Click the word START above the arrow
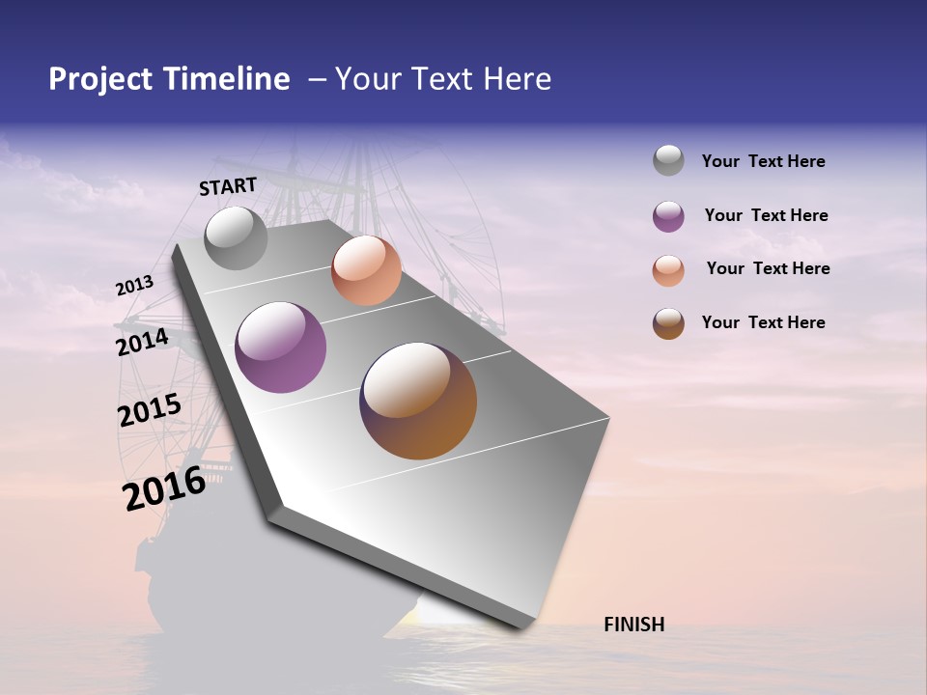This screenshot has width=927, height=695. pos(228,186)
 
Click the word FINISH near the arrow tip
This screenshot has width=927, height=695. pos(633,625)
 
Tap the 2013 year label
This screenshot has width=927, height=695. pos(134,286)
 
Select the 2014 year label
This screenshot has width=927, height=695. pos(142,342)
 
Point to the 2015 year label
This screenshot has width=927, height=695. pos(150,410)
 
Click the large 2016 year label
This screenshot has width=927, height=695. pos(164,488)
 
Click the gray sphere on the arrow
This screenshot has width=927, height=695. pos(236,238)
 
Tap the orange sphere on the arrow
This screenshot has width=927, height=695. pos(366,270)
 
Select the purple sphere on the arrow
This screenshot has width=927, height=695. pos(281,347)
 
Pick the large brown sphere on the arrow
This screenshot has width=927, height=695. pos(418,401)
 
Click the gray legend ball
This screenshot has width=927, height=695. pos(668,160)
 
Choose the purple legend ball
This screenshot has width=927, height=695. pos(668,216)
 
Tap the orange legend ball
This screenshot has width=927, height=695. pos(668,270)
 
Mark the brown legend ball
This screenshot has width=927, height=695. pos(668,323)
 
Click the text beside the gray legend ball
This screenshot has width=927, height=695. pos(763,161)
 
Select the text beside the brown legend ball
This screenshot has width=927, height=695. pos(763,322)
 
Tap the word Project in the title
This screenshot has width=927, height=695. pos(100,79)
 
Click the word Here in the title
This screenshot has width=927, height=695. pos(517,79)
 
